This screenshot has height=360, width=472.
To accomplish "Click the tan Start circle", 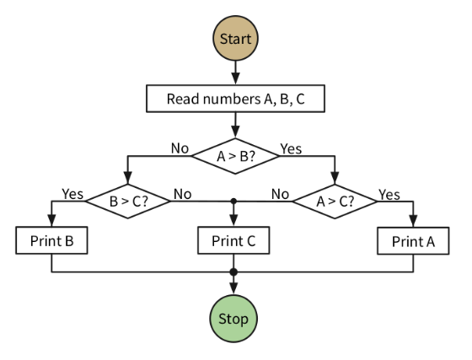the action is point(235,38).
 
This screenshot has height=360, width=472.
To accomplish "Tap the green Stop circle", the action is point(233,319).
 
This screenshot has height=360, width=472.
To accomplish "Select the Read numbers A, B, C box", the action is point(235,99).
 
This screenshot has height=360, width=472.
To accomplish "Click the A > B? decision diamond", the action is point(235,156).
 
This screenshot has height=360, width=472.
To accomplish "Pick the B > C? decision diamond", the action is point(128,201).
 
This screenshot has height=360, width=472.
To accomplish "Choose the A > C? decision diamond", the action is point(335,201).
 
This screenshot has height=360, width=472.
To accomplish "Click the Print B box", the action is point(51,240).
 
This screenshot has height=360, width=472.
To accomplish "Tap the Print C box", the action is point(233,240).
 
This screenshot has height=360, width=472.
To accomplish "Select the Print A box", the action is point(413,241).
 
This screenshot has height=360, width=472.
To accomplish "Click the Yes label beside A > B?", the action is point(291,148).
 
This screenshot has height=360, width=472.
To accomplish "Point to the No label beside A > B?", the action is point(180,148).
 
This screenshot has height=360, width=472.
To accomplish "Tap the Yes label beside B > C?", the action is point(72,194).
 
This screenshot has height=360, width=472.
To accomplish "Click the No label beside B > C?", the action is point(182,194).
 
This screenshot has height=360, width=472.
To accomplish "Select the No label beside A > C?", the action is point(280,194).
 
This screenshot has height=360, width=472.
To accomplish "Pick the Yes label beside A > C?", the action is point(389,195).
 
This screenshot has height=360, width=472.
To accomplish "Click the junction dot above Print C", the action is point(233,201).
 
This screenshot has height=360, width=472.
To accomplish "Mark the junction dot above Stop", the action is point(233,272).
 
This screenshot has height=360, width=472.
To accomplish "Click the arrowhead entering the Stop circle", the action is point(233,288).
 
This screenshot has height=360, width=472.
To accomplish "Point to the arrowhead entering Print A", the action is point(413,221).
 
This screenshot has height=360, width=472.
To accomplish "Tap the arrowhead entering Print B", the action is point(51,221).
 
